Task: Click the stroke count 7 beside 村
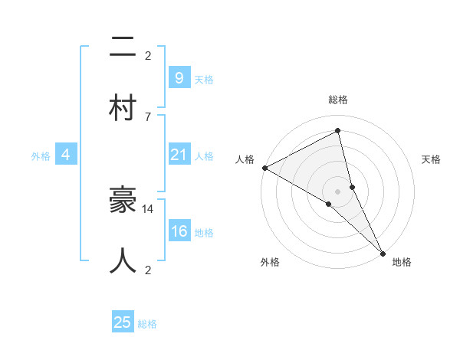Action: pos(148,116)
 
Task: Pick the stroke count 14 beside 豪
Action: pos(149,208)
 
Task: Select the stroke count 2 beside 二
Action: pos(148,55)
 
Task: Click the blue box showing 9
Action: pos(179,77)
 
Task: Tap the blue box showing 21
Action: pos(179,155)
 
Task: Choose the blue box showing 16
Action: pos(179,232)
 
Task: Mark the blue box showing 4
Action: pos(65,155)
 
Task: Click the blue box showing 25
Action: pos(123,322)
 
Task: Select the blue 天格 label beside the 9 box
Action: pos(204,79)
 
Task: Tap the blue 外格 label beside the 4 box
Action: pos(41,155)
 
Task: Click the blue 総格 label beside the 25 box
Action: pos(147,324)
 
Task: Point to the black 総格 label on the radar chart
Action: pos(338,100)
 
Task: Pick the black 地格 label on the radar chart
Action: pos(402,262)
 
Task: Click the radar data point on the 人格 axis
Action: pos(264,168)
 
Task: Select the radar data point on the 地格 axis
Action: pos(383,253)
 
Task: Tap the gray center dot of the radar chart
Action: pos(338,191)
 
